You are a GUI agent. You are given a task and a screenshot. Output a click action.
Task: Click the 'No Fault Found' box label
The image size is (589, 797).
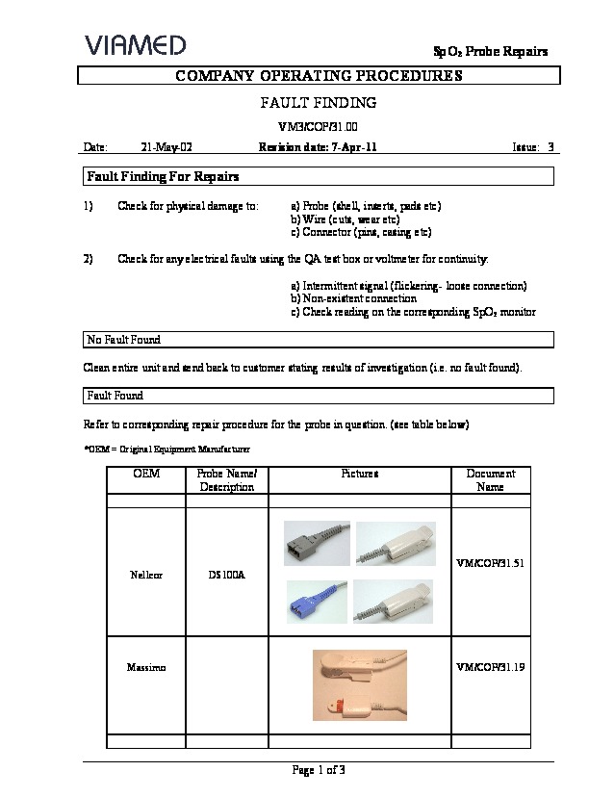(123, 340)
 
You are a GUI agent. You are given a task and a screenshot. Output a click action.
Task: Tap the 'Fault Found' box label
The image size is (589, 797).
(115, 396)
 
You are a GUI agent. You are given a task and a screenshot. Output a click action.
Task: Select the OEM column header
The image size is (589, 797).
(145, 474)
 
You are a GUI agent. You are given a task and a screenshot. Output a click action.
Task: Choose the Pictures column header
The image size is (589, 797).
(359, 474)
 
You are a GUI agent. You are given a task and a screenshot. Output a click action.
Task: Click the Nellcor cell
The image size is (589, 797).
(145, 576)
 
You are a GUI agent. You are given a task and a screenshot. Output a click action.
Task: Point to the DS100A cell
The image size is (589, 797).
(226, 576)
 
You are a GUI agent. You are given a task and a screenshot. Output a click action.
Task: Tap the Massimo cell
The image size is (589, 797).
(145, 667)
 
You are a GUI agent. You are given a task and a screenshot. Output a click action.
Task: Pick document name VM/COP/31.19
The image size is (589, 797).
(491, 667)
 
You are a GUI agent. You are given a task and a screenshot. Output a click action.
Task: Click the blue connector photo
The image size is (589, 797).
(313, 604)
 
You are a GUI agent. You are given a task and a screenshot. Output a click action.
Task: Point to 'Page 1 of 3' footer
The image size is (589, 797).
(318, 769)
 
